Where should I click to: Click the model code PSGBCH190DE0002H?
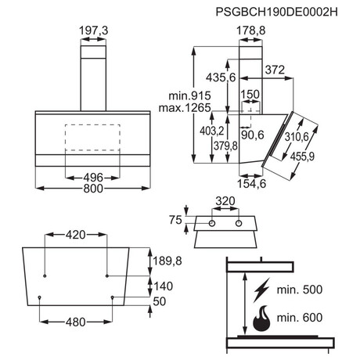(x=276, y=12)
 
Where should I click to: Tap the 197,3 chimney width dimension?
(x=93, y=31)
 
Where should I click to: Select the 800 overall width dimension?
(x=93, y=189)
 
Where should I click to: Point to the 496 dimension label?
(x=93, y=178)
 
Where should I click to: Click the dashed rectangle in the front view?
(x=92, y=138)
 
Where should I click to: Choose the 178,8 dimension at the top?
(x=250, y=31)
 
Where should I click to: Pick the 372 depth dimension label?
(x=275, y=70)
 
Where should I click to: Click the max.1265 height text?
(x=185, y=108)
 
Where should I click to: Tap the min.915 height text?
(x=189, y=96)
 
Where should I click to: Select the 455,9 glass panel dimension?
(x=303, y=157)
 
